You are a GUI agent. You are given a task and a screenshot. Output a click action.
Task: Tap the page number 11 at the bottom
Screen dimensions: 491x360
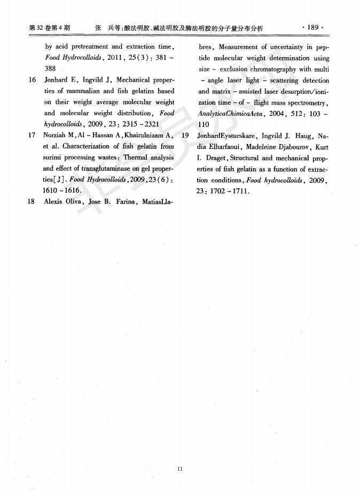point(179,469)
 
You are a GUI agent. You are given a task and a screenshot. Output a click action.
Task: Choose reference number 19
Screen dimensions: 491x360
point(185,136)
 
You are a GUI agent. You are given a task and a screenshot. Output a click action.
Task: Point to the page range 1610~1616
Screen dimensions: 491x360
point(62,191)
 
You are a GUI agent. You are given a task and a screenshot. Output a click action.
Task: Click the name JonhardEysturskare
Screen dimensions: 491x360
point(226,136)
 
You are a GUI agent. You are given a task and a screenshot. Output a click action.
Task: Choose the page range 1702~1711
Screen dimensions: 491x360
point(223,191)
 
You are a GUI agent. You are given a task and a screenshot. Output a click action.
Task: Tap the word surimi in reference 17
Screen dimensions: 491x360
point(53,157)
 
